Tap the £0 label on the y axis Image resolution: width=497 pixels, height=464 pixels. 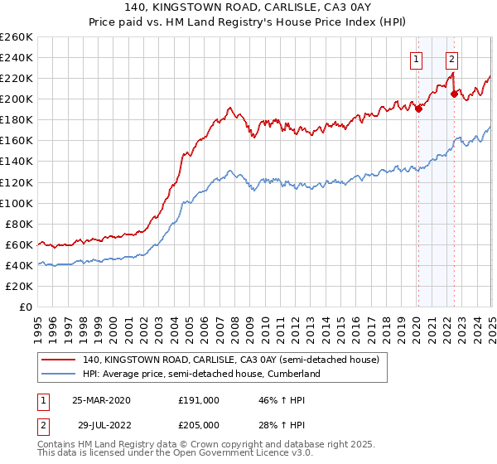click(x=27, y=307)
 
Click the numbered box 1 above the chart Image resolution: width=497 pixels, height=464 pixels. click(x=414, y=59)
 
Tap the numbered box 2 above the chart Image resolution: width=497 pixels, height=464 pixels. click(x=451, y=59)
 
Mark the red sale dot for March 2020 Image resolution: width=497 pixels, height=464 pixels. click(x=419, y=108)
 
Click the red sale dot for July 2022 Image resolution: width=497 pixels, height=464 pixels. click(x=454, y=94)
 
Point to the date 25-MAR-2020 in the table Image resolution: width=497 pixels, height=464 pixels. click(x=101, y=400)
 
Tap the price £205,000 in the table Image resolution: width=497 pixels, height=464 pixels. click(x=199, y=424)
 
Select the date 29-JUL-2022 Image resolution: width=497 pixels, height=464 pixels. click(x=101, y=424)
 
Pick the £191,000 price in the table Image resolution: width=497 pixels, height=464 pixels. click(x=199, y=400)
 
